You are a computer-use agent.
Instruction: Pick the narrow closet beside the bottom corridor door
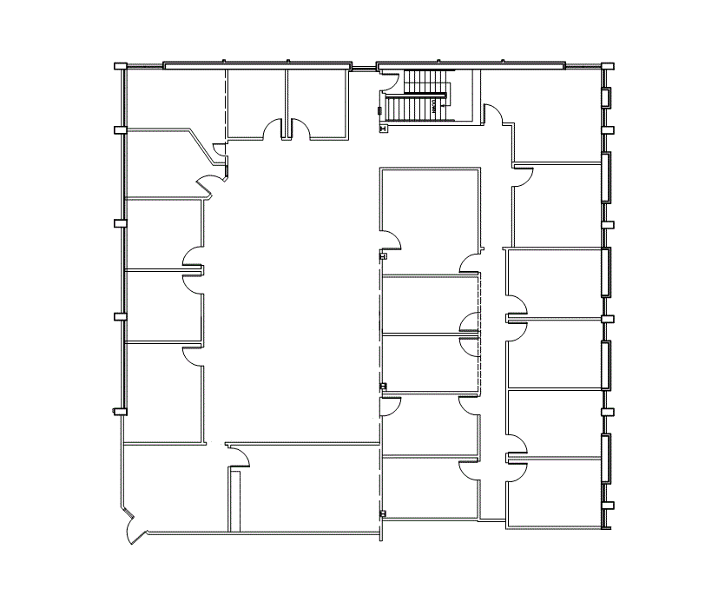(234, 500)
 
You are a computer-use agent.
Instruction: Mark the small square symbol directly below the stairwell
(383, 128)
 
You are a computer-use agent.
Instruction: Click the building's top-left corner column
(122, 65)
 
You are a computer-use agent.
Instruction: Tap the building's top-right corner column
(608, 65)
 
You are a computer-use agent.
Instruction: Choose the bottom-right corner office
(556, 493)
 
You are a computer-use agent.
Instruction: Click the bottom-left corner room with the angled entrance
(174, 486)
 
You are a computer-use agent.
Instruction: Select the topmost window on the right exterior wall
(605, 98)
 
